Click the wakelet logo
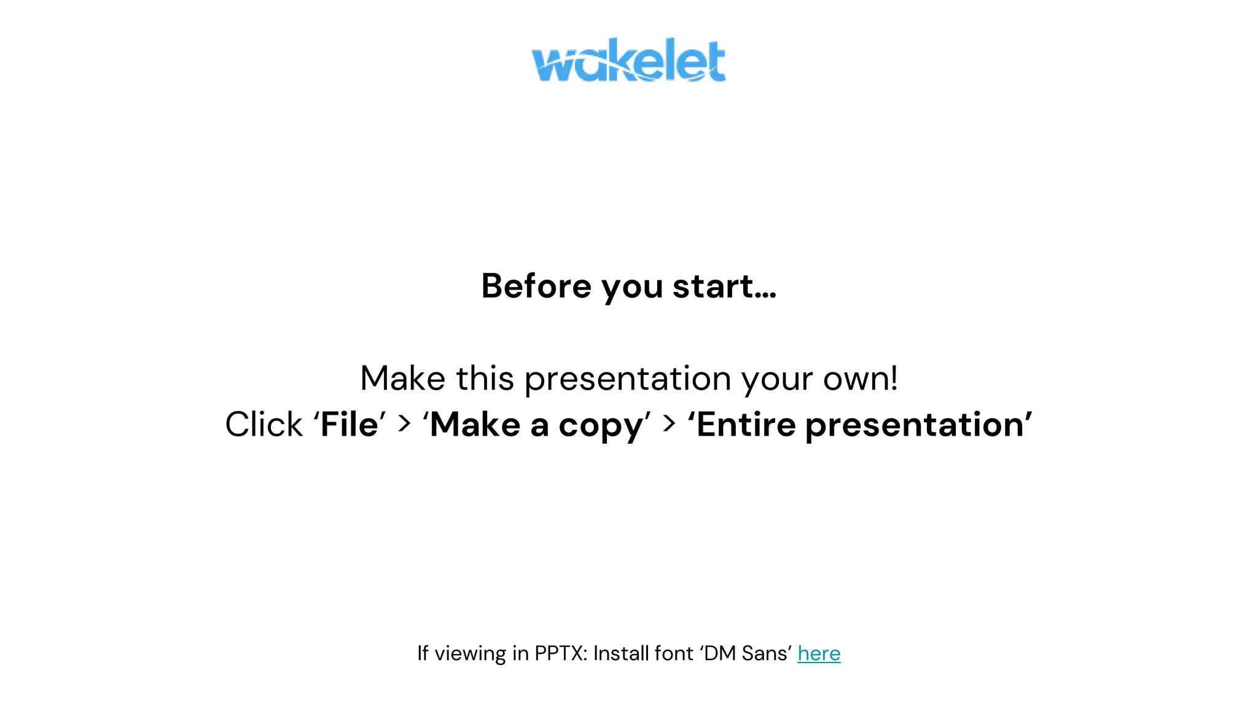[628, 60]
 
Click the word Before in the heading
[536, 286]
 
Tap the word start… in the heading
[725, 286]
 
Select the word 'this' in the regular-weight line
[485, 379]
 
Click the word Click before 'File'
[264, 425]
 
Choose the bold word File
[350, 425]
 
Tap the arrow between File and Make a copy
[404, 423]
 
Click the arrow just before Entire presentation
[670, 423]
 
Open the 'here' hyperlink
[819, 653]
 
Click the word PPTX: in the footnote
[561, 653]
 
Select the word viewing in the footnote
[470, 654]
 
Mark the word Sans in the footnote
[764, 653]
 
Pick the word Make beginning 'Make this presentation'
[402, 379]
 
